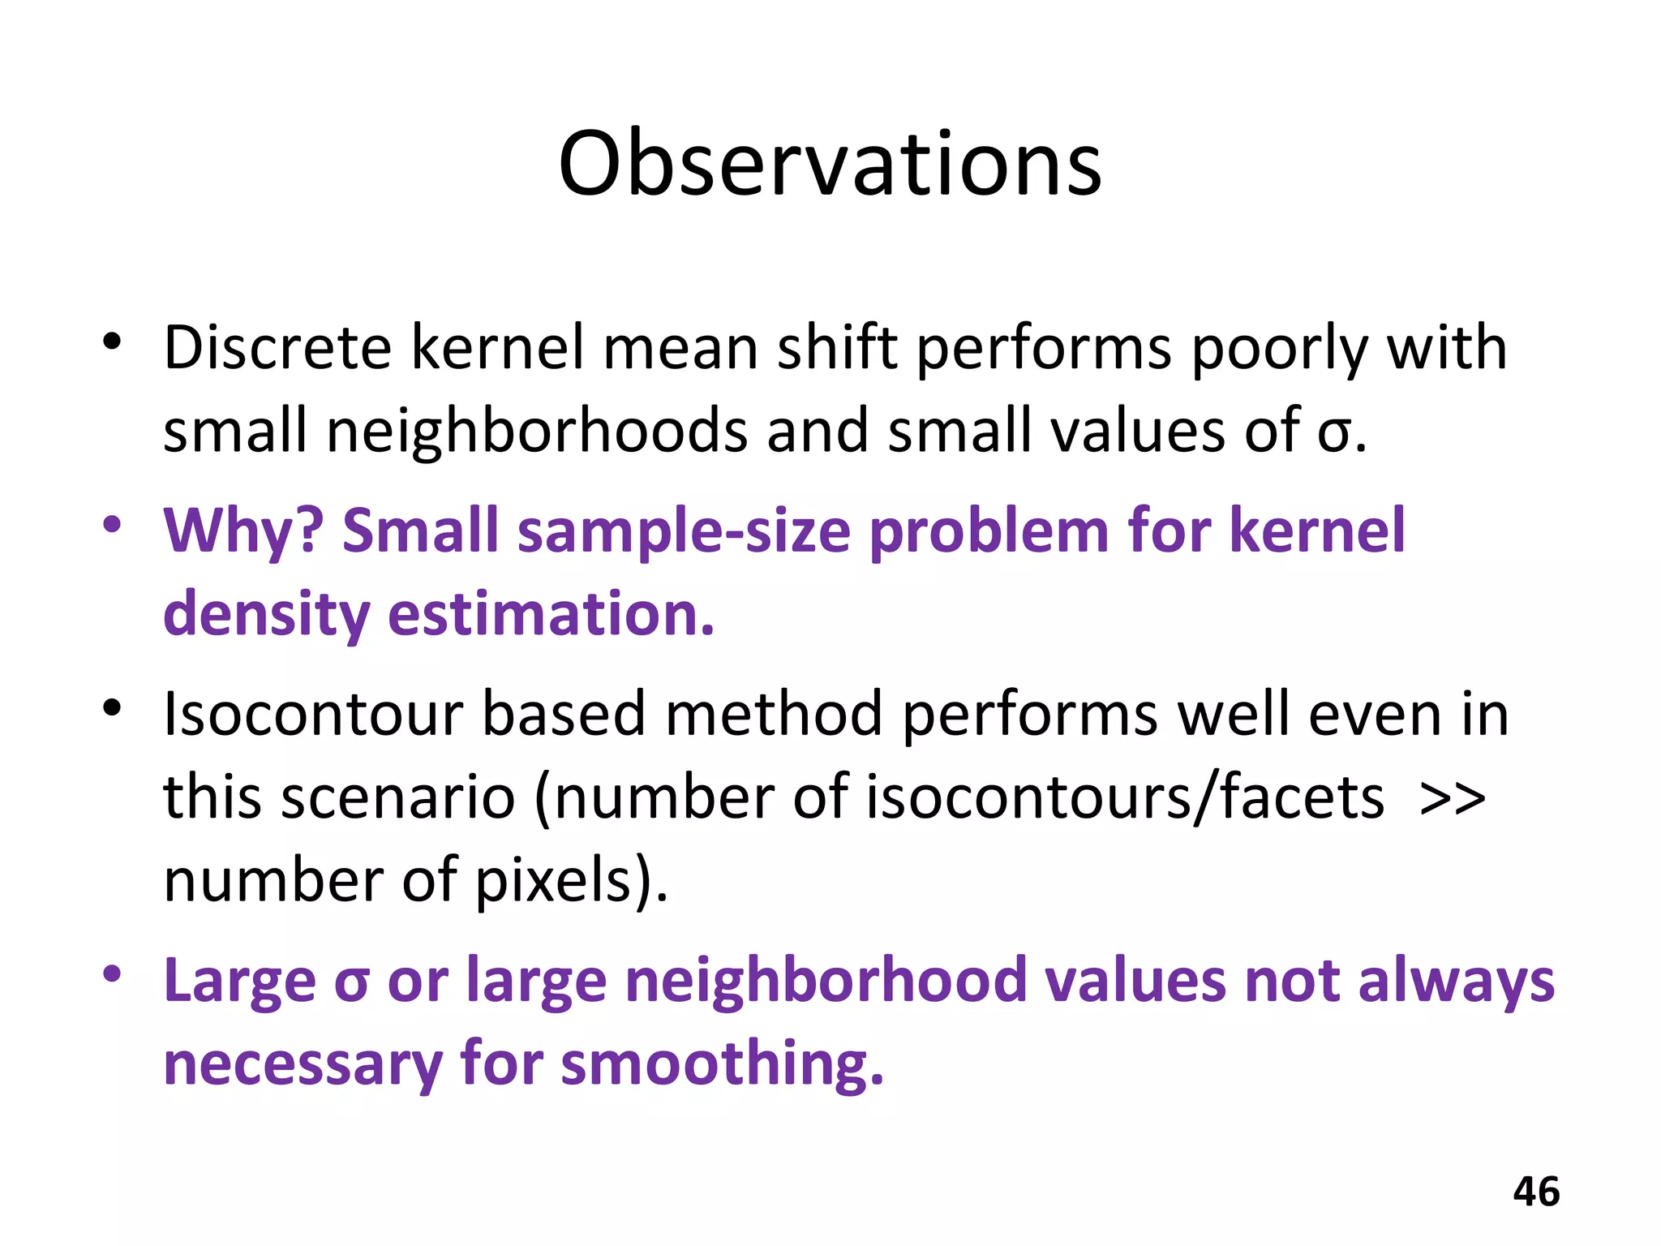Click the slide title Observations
pos(830,165)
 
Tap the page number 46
pos(1536,1192)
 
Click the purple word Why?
pos(243,531)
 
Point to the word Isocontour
pos(313,715)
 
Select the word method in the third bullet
pos(774,715)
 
